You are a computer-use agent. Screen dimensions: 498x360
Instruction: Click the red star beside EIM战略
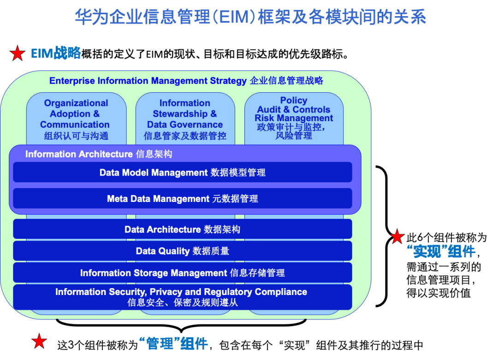[18, 53]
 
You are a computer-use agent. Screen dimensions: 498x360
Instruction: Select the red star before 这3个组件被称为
[39, 341]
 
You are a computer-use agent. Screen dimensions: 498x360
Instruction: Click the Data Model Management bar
[182, 172]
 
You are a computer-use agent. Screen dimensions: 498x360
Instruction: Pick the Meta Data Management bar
[182, 198]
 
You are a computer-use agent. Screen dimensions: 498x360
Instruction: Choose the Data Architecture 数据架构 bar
[182, 229]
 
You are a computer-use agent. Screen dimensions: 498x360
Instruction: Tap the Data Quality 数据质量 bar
[182, 251]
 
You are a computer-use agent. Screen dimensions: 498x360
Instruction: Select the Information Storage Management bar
[182, 272]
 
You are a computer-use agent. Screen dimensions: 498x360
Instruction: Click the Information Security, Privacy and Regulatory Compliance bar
[182, 297]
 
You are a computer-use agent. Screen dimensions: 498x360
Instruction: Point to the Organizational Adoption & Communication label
[76, 119]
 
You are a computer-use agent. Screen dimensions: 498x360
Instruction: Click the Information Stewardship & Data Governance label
[185, 119]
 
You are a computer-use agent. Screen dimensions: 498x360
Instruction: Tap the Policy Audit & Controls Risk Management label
[293, 118]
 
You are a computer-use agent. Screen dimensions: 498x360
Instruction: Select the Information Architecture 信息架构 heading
[99, 154]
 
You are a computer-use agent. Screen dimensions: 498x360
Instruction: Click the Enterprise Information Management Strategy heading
[186, 81]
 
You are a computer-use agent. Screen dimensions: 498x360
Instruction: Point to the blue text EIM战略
[56, 53]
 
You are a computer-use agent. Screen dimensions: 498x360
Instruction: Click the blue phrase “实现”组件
[441, 251]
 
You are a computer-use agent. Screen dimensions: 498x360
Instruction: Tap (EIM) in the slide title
[233, 17]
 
